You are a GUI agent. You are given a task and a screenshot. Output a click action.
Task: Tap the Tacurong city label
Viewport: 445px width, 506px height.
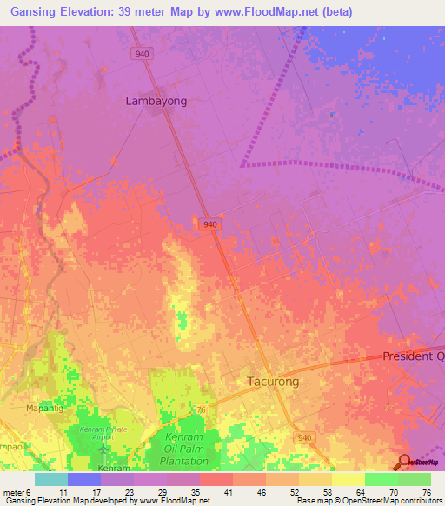268,382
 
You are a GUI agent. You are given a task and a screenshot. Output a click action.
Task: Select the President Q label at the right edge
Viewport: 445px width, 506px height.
414,356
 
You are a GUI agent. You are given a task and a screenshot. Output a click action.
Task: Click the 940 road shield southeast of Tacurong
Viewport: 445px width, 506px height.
302,437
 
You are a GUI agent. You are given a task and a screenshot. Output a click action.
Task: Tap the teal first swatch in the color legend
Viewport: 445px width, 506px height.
50,478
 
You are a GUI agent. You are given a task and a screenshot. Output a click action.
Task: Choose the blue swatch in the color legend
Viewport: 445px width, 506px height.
83,478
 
